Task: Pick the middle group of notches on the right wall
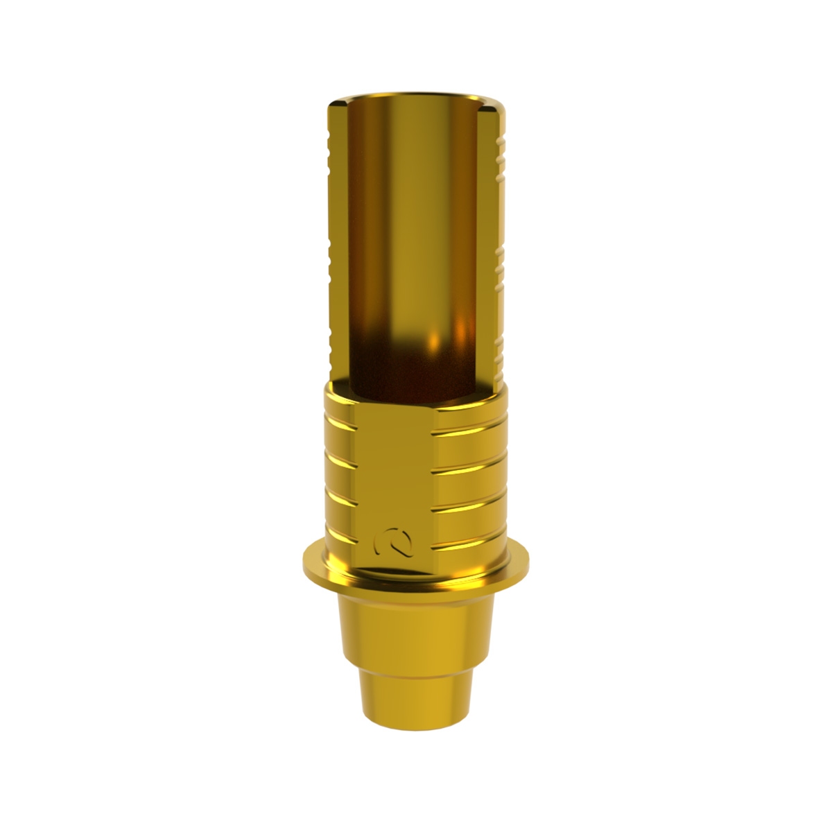click(x=496, y=263)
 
